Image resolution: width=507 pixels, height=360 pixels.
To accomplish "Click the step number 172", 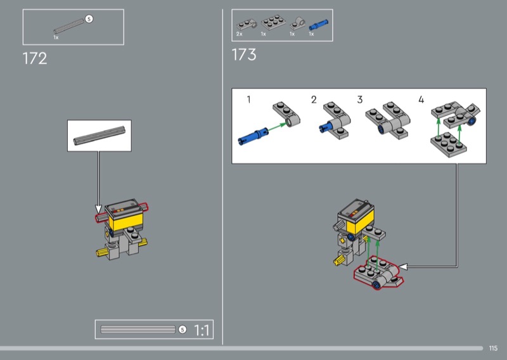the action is pyautogui.click(x=35, y=58).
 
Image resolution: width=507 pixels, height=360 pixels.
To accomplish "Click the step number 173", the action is pyautogui.click(x=244, y=55).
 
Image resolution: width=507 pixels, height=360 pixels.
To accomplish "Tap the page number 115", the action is pyautogui.click(x=493, y=348).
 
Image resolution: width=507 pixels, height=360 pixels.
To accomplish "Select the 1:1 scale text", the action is pyautogui.click(x=202, y=330).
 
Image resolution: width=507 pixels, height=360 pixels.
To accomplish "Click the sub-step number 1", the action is pyautogui.click(x=248, y=100).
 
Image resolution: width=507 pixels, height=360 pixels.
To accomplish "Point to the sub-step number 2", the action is pyautogui.click(x=314, y=100).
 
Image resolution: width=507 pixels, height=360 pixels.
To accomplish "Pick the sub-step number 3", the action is pyautogui.click(x=360, y=100).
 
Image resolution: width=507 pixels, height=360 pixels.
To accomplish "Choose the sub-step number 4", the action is pyautogui.click(x=421, y=100).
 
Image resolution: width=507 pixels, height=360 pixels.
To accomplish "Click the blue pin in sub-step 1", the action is pyautogui.click(x=253, y=136).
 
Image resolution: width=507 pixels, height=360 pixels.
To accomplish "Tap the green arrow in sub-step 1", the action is pyautogui.click(x=277, y=127).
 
